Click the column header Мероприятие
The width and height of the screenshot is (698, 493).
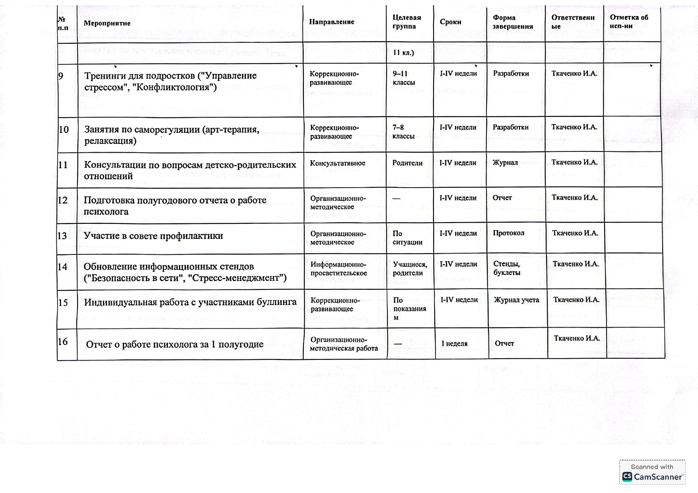(107, 23)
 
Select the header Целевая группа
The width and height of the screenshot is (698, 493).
(406, 22)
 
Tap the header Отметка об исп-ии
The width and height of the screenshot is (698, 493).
(629, 22)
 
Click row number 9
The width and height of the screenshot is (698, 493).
(61, 76)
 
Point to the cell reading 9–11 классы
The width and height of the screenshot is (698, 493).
(403, 78)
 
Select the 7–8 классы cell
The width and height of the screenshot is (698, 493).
(403, 132)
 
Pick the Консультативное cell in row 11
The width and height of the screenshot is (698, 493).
(337, 163)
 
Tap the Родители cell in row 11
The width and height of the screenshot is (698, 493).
(407, 163)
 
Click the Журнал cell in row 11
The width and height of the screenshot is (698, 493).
(505, 163)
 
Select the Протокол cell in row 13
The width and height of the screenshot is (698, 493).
(508, 233)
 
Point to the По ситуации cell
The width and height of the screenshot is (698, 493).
(407, 238)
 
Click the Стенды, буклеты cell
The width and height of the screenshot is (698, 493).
(507, 268)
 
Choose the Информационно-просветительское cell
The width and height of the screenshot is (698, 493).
(338, 269)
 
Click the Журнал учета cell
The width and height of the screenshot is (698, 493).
(516, 300)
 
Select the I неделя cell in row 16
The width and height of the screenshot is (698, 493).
(454, 344)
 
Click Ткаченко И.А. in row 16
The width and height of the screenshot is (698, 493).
(577, 338)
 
